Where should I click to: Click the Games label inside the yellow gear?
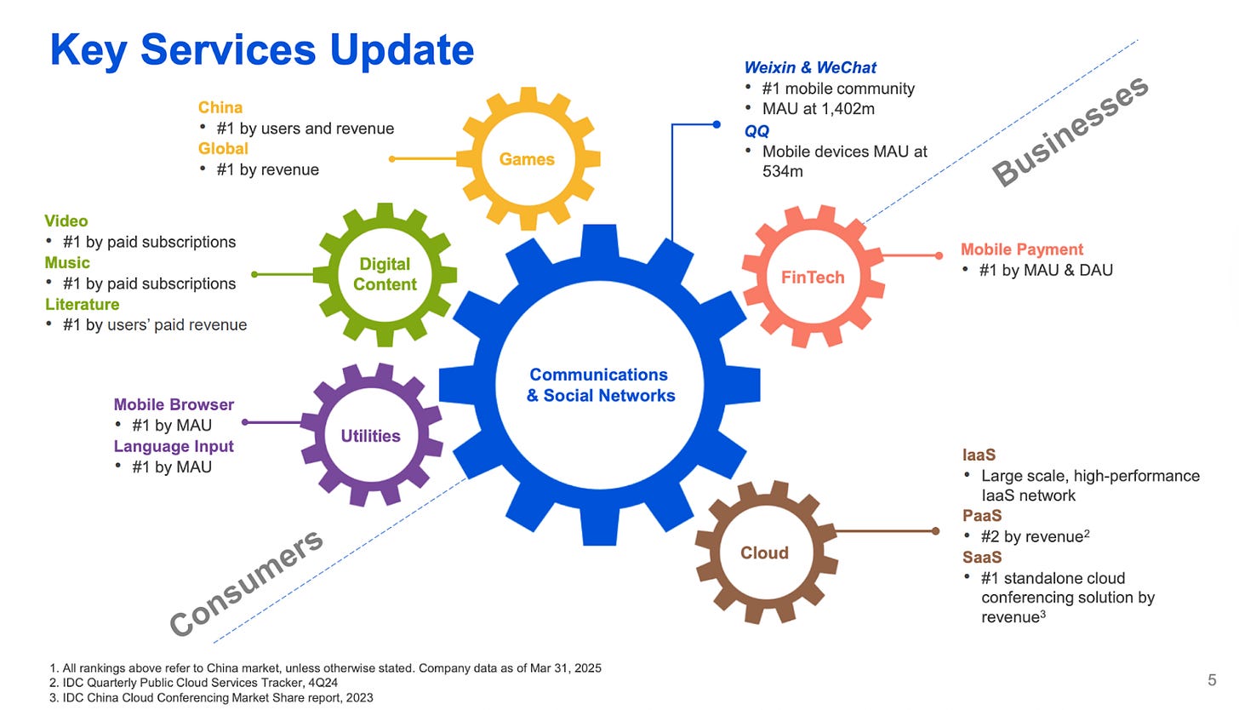pyautogui.click(x=527, y=159)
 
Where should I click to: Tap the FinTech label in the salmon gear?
pyautogui.click(x=813, y=277)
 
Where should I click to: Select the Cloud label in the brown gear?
pyautogui.click(x=764, y=553)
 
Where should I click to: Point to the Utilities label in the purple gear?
pyautogui.click(x=370, y=436)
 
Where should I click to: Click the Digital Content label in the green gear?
pyautogui.click(x=385, y=274)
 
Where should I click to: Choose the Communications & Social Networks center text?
pyautogui.click(x=600, y=385)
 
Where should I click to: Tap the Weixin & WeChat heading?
pyautogui.click(x=810, y=67)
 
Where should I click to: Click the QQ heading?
pyautogui.click(x=757, y=131)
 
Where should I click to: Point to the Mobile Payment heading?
pyautogui.click(x=1021, y=249)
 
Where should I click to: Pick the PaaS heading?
pyautogui.click(x=982, y=516)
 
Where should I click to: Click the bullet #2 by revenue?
pyautogui.click(x=1035, y=536)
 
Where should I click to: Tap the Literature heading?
pyautogui.click(x=82, y=304)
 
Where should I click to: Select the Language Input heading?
pyautogui.click(x=174, y=446)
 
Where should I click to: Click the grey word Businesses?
pyautogui.click(x=1071, y=131)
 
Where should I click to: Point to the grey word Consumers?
pyautogui.click(x=247, y=582)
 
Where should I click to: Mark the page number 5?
pyautogui.click(x=1212, y=679)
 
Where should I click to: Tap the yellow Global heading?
pyautogui.click(x=223, y=148)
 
